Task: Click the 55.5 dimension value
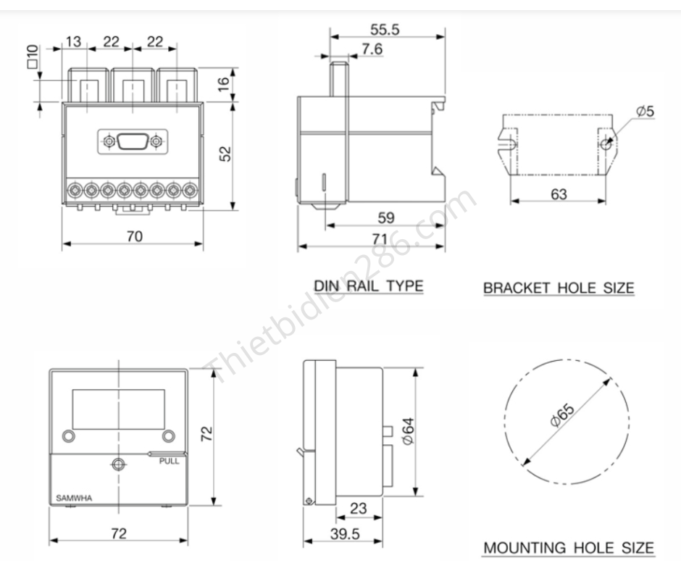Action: pyautogui.click(x=385, y=30)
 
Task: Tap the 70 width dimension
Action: pyautogui.click(x=135, y=236)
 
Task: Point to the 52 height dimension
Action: pyautogui.click(x=225, y=154)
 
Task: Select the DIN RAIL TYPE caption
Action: pyautogui.click(x=368, y=285)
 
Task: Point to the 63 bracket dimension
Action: pyautogui.click(x=558, y=194)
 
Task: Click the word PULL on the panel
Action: pyautogui.click(x=169, y=461)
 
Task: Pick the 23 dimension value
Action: pyautogui.click(x=359, y=509)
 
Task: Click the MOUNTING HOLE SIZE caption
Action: pyautogui.click(x=569, y=547)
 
